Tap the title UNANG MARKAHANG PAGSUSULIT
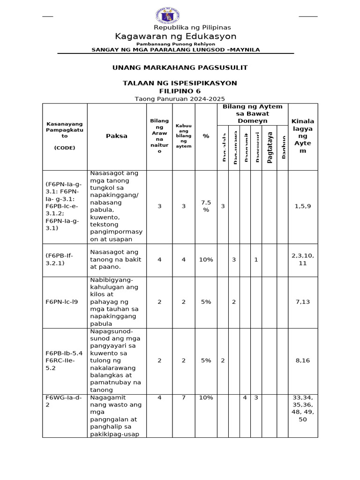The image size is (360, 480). coord(180,67)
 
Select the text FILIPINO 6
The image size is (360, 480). coord(180,90)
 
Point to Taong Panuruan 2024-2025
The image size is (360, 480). coord(180,99)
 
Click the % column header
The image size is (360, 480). coord(206,136)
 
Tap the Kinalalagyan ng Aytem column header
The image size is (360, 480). coord(302,136)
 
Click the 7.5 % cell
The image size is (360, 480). coord(206,206)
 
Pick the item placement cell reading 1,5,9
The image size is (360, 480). coord(302,206)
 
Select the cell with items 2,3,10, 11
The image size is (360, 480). coord(302,259)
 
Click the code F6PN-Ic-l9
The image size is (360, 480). coord(62,302)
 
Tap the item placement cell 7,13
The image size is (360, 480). coord(302,302)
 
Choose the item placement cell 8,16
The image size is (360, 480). coord(302,360)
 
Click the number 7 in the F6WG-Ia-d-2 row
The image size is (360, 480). coord(183,397)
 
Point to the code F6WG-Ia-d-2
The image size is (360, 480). coord(57,401)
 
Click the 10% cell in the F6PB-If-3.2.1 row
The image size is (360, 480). coord(206,259)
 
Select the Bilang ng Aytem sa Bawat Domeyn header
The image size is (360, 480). coord(252,113)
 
